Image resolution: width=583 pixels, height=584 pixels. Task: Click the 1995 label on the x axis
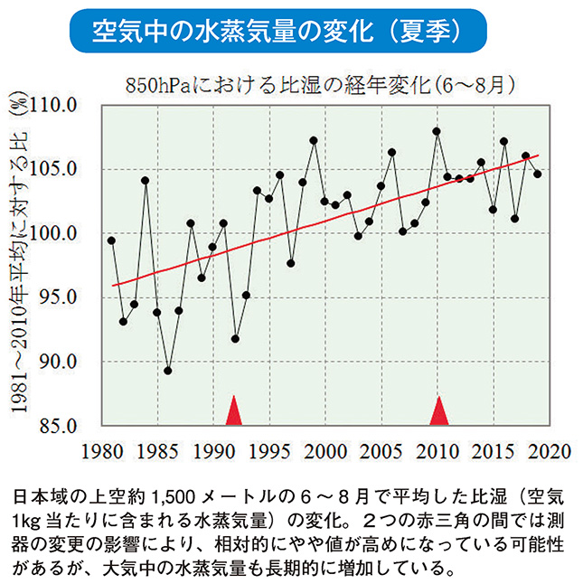tap(268, 451)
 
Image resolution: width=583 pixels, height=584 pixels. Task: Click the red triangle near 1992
tap(234, 410)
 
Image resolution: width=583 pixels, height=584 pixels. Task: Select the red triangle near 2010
tap(438, 410)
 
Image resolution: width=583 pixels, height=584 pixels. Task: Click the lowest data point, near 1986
tap(167, 371)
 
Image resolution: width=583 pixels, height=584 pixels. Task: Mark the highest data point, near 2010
tap(437, 131)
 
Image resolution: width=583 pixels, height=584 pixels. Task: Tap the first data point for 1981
tap(111, 240)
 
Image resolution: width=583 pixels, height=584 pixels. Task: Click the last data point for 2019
tap(538, 174)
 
